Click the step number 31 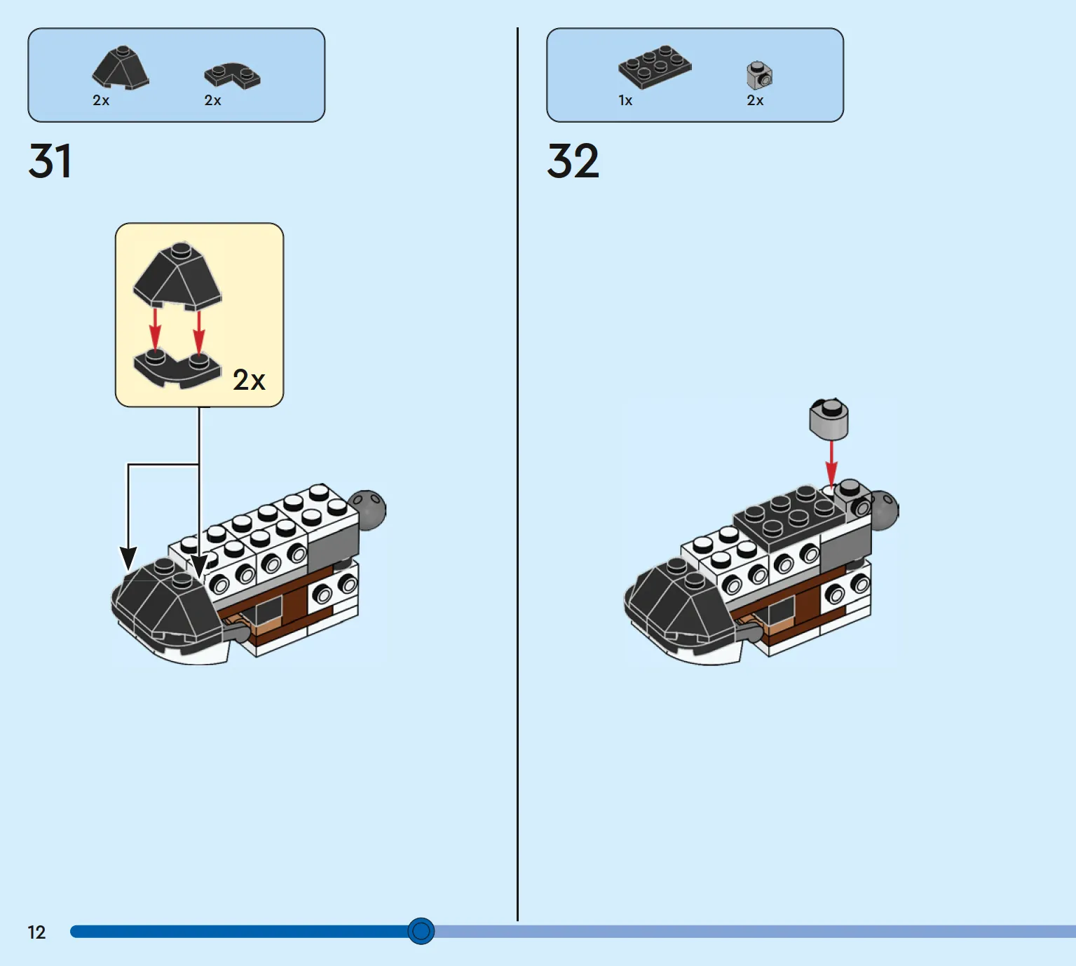point(50,161)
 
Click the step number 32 point(573,161)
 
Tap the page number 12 point(36,932)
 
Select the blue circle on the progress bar point(421,931)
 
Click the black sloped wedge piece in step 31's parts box point(121,67)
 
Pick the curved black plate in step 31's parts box point(233,76)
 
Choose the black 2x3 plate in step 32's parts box point(655,67)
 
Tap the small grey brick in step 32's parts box point(759,76)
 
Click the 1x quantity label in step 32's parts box point(625,100)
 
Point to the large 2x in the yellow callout point(249,380)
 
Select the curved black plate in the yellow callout point(177,369)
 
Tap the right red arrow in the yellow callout point(198,332)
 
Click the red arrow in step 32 point(831,465)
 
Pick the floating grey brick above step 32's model point(829,419)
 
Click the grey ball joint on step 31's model point(367,509)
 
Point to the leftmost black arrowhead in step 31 point(128,559)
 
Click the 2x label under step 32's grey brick point(755,100)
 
